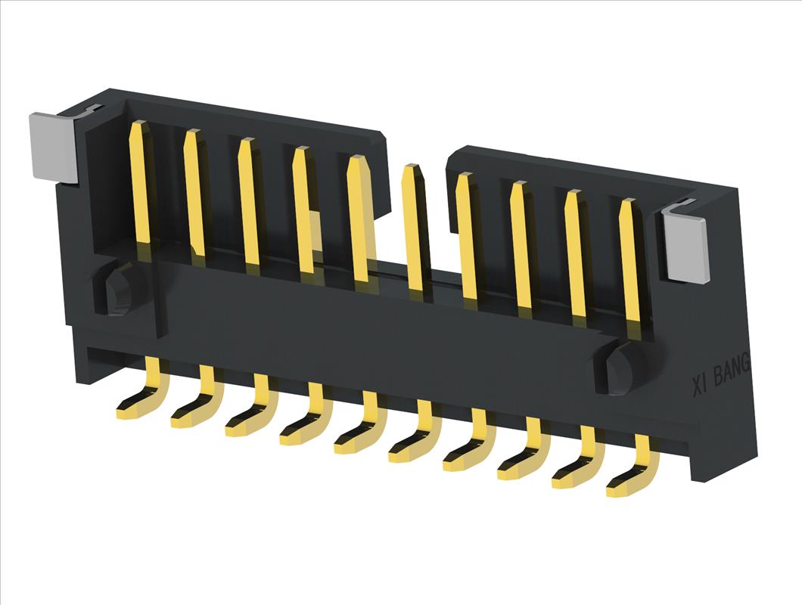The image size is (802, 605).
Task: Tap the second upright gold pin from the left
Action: point(195,194)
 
